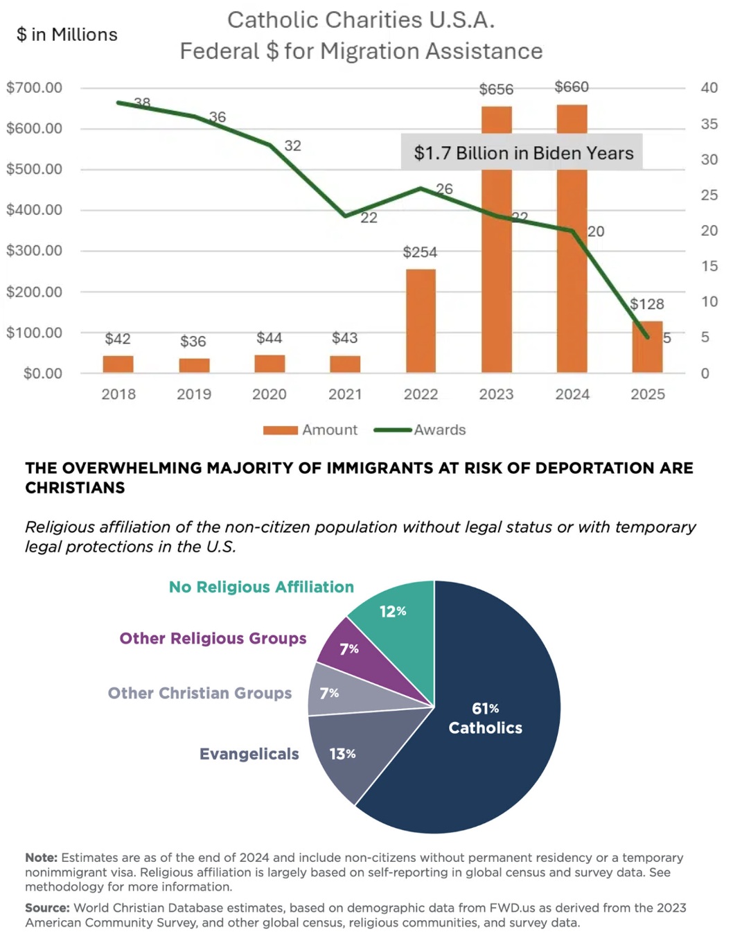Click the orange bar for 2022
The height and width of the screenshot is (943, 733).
(x=421, y=321)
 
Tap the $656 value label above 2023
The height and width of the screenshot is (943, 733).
(x=496, y=89)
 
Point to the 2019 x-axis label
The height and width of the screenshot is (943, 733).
(x=194, y=394)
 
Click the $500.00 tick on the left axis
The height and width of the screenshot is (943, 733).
(x=34, y=169)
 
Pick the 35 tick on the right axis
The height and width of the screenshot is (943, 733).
(x=709, y=124)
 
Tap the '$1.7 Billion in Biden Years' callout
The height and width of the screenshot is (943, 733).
(x=523, y=152)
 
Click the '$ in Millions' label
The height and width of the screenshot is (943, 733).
(x=67, y=35)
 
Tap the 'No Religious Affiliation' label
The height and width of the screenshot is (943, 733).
(x=261, y=587)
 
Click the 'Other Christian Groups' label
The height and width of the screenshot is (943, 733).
(x=200, y=693)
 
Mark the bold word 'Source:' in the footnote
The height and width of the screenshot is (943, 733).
(x=47, y=908)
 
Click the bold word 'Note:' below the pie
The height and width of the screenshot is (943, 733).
(x=41, y=858)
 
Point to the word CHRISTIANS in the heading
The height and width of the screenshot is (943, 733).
(x=75, y=488)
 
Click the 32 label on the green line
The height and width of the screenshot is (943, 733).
(x=292, y=146)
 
